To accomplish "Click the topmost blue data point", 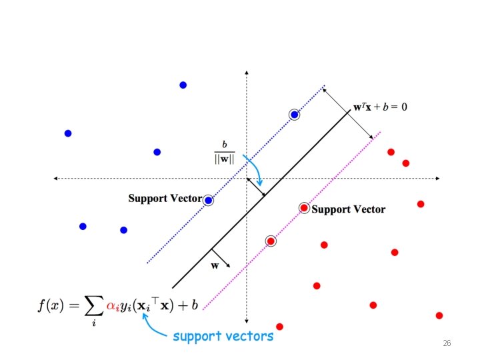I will click(183, 85).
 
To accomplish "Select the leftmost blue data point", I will click(67, 133).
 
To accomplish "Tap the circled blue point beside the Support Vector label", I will click(208, 200).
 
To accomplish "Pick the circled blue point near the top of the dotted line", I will click(294, 115).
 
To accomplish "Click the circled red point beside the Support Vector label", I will click(304, 208).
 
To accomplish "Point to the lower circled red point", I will click(271, 241).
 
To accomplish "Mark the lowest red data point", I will click(279, 327).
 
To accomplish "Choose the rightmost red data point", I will click(439, 315).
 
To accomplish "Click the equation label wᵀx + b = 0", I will click(380, 107).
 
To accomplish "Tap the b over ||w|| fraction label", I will click(224, 153).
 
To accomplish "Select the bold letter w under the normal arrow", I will click(215, 265).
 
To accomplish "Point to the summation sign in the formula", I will click(91, 305).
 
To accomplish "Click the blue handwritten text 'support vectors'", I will click(223, 336).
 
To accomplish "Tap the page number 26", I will click(447, 343).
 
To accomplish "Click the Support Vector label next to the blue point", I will click(165, 198).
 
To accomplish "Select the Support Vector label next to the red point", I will click(348, 209).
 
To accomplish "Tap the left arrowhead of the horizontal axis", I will click(56, 179).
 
